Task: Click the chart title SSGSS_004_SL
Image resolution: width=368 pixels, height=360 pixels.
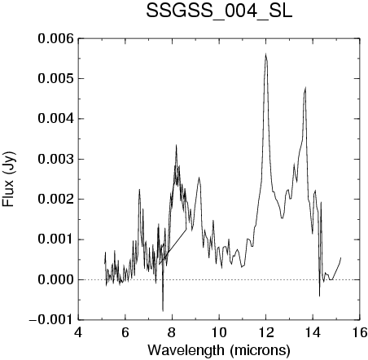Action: pos(219,11)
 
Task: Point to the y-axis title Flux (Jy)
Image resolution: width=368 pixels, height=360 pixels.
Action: pos(8,178)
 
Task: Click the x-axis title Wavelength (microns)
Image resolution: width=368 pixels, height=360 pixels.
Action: pos(219,350)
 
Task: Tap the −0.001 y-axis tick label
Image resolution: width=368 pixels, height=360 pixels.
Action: pos(51,320)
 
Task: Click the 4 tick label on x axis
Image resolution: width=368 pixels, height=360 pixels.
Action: pos(78,332)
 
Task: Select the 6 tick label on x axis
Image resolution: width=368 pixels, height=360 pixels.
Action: pos(125,332)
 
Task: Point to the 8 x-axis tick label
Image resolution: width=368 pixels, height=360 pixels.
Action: pos(172,332)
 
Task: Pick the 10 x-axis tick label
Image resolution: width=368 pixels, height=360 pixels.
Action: pos(219,332)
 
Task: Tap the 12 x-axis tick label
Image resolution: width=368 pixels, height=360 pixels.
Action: pos(266,332)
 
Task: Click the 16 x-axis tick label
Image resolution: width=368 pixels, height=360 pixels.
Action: pos(360,332)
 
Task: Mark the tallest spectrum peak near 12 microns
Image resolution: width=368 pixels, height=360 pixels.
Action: pos(266,54)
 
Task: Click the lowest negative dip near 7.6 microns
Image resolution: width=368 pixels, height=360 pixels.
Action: pos(163,311)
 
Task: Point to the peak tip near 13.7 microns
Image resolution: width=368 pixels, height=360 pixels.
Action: pos(305,87)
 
